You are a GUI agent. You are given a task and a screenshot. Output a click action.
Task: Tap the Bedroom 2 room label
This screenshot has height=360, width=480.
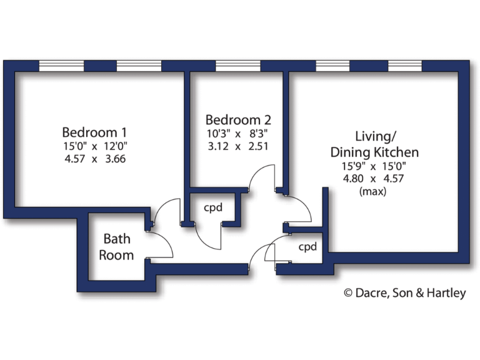point(238,119)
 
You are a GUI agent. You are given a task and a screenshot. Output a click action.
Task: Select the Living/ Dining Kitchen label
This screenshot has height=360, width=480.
point(374,144)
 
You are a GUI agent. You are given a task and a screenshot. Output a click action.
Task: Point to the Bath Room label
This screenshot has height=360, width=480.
point(117,246)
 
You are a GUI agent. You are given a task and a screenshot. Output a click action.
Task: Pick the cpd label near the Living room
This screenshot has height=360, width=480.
point(307,246)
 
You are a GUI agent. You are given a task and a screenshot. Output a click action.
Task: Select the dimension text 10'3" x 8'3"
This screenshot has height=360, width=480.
point(238,133)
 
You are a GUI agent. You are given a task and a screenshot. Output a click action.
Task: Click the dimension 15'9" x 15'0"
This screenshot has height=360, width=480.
point(374,166)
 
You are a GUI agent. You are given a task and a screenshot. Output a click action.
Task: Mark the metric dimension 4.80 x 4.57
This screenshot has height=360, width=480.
point(374,179)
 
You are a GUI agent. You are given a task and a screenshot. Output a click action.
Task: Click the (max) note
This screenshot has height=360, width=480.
point(373,192)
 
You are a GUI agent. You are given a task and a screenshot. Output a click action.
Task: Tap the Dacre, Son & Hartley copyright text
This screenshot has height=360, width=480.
point(405,292)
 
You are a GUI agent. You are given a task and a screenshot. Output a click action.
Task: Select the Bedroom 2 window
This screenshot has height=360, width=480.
point(237,66)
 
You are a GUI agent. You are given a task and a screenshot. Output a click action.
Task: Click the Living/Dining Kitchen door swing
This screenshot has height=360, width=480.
point(299,206)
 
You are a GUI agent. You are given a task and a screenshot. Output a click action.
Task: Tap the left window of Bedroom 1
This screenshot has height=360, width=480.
point(61,66)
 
